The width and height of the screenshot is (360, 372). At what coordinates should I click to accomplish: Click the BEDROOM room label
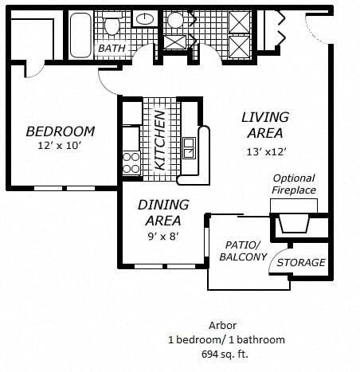[60, 131]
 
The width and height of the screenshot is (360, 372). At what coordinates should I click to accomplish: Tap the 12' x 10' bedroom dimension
[60, 146]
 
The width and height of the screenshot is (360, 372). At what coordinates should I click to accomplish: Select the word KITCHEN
[159, 142]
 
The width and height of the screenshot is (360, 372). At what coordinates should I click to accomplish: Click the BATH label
[112, 49]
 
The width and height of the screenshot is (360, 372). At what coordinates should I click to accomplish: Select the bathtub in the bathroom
[80, 34]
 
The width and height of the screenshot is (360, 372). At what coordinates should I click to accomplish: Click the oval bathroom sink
[145, 18]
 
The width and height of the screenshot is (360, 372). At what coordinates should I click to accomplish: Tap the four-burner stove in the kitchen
[131, 163]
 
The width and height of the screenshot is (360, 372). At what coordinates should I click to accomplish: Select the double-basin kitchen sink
[190, 147]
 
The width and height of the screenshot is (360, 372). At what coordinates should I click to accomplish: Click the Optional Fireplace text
[294, 184]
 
